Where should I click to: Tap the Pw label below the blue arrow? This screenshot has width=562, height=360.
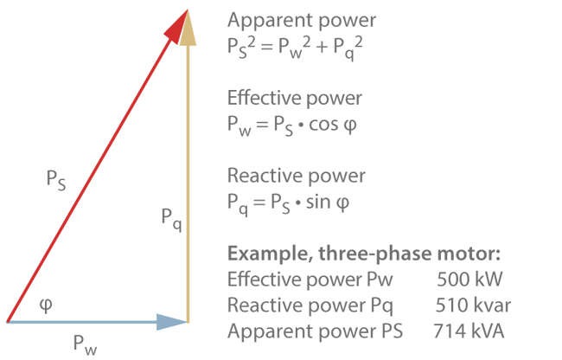[84, 344]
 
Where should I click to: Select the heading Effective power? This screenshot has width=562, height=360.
[295, 98]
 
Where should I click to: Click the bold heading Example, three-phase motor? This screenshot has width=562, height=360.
[364, 254]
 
